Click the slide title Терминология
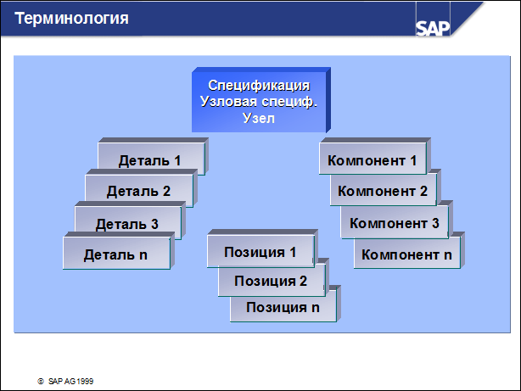(71, 19)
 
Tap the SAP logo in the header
(433, 28)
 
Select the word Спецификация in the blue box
(259, 86)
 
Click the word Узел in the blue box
(259, 118)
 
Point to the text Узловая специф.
(259, 102)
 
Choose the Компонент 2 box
(385, 188)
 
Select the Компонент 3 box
(396, 220)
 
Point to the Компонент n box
(409, 251)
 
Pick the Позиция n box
(285, 305)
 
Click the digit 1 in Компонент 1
(413, 161)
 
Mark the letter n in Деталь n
(143, 255)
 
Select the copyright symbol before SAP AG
(41, 382)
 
